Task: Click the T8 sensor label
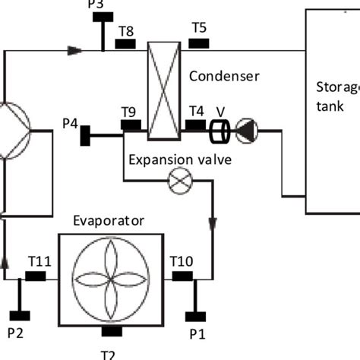point(126,30)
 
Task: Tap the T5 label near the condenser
point(199,28)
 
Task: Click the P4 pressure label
point(71,123)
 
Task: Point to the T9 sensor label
point(129,111)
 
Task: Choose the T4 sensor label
point(195,110)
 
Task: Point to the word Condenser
point(224,76)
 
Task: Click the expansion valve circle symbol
point(181,182)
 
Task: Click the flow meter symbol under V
point(220,131)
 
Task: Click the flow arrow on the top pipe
point(74,51)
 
